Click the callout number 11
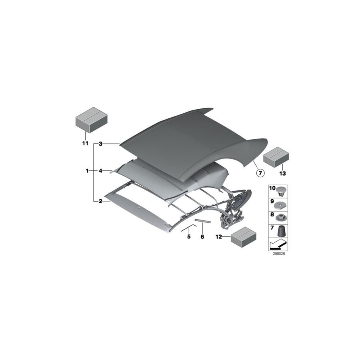coord(84,143)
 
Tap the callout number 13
coord(283,173)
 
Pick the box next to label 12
coord(243,237)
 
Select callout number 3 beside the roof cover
coord(101,143)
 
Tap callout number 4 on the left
coord(101,171)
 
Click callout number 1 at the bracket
coord(87,171)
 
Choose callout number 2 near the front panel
coord(101,201)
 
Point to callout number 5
coord(189,237)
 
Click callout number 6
coord(202,237)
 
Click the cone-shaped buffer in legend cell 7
coord(282,231)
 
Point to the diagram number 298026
coord(278,254)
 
